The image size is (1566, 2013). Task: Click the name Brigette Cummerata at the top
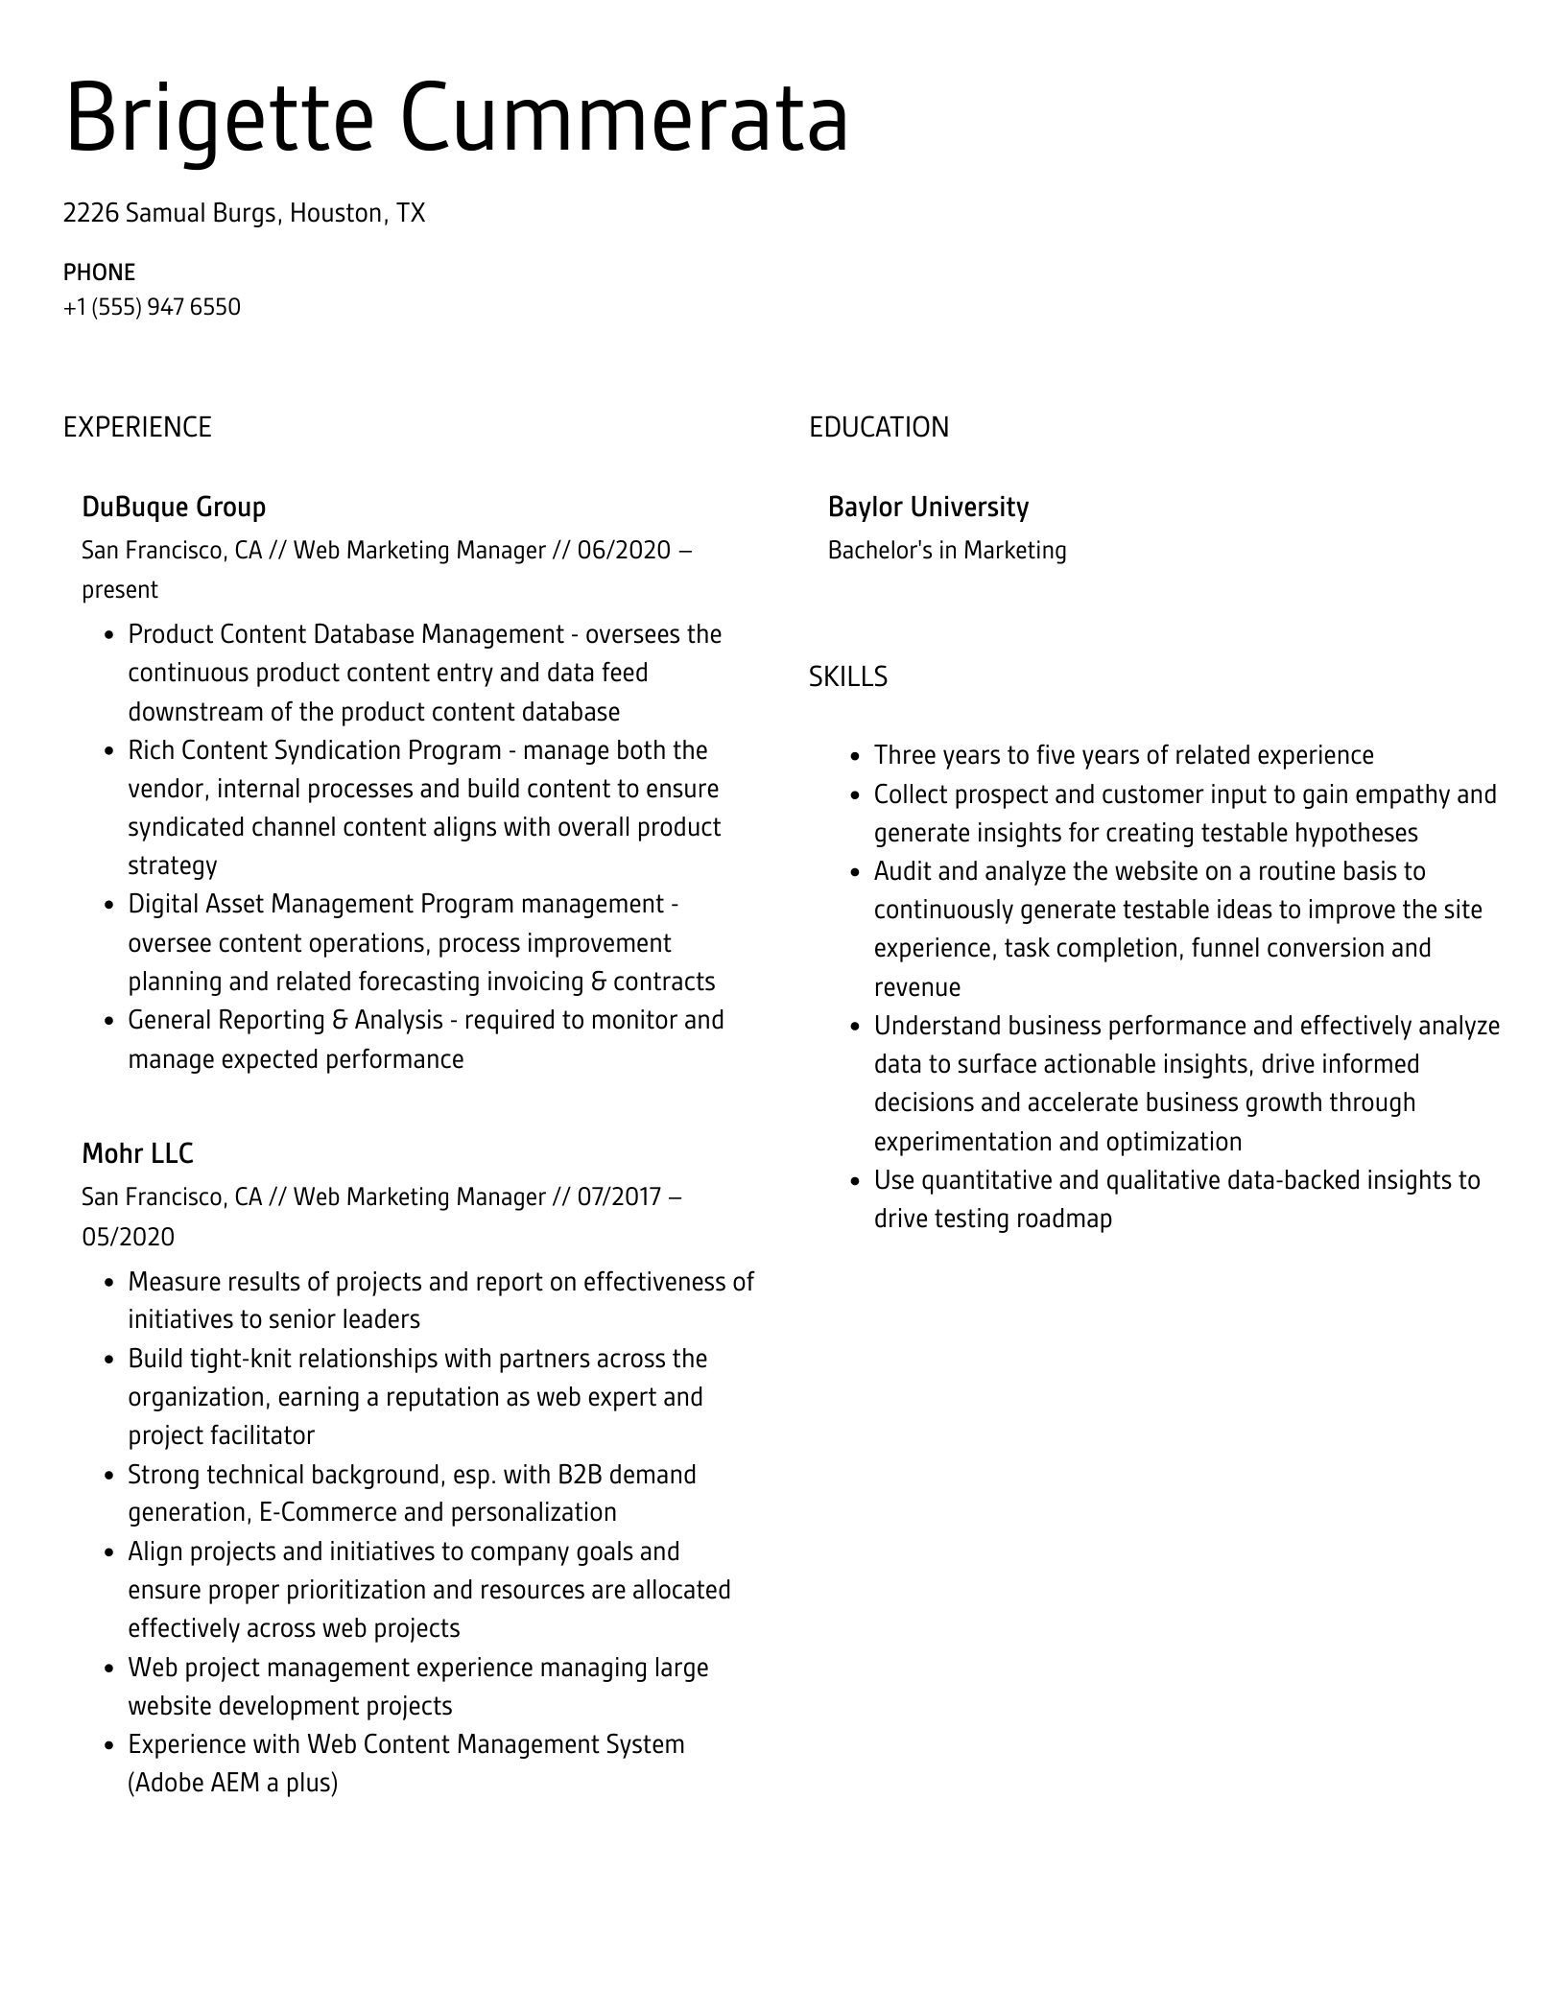[x=457, y=119]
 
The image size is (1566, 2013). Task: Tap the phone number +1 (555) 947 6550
[x=152, y=307]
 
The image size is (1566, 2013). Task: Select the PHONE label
[x=99, y=272]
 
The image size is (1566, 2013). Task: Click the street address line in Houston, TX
[x=244, y=213]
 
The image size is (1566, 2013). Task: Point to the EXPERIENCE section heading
[x=137, y=427]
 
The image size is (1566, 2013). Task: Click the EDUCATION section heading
[x=878, y=427]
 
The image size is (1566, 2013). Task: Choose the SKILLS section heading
[x=847, y=676]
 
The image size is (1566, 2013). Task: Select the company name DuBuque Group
[x=174, y=507]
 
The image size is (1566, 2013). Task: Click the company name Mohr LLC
[x=137, y=1152]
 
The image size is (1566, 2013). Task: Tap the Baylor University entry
[x=928, y=507]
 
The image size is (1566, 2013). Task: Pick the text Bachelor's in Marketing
[x=947, y=551]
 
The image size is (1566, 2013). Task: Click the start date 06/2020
[x=624, y=551]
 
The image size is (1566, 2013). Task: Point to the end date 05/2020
[x=129, y=1237]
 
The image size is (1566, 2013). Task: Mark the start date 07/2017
[x=619, y=1197]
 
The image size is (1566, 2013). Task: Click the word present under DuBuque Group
[x=120, y=589]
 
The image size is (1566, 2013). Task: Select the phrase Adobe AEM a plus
[x=233, y=1783]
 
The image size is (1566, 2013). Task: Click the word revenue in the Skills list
[x=916, y=987]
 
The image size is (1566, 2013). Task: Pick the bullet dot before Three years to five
[x=855, y=756]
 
